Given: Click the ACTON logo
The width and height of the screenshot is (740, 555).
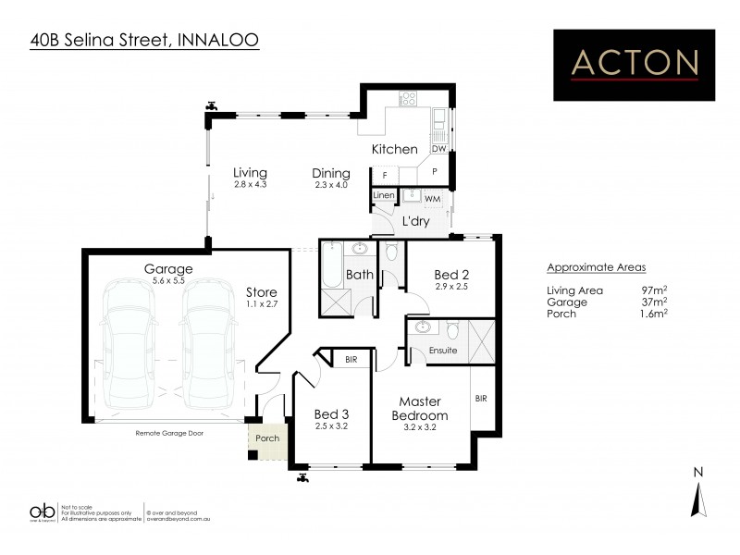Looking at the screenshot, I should coord(635,64).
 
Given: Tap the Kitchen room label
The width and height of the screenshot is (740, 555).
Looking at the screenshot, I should coord(395,149).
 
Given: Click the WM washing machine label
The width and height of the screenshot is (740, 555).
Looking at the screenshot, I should coord(433,199).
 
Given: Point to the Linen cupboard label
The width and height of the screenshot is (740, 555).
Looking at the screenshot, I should coord(384,196).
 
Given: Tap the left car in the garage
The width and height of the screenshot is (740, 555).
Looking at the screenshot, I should coord(130,343).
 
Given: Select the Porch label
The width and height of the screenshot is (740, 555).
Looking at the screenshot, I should coord(267,438).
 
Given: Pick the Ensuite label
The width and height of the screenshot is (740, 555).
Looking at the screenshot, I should coord(430,351).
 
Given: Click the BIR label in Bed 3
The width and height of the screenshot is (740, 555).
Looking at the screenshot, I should coord(351,359).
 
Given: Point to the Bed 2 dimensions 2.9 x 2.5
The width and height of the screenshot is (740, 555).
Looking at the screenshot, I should coord(453,286).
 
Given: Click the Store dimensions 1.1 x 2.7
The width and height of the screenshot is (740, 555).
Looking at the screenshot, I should coord(261,302).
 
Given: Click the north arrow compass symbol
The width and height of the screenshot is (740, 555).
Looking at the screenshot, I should coord(699,499).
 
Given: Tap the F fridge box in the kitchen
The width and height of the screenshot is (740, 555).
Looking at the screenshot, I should coord(384,174).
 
